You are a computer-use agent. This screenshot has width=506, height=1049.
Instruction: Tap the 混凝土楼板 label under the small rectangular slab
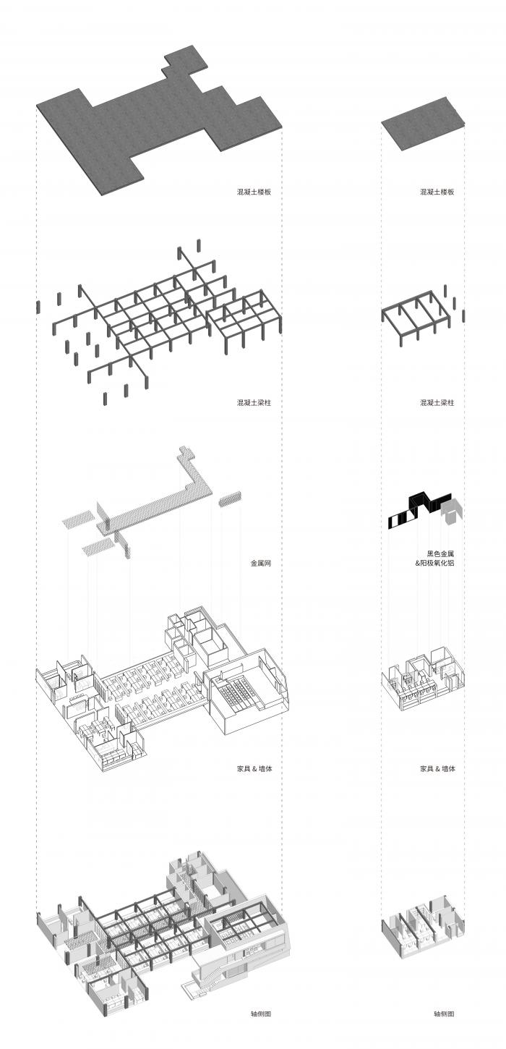pyautogui.click(x=437, y=192)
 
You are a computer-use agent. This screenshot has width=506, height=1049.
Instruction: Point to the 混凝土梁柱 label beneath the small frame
pyautogui.click(x=437, y=402)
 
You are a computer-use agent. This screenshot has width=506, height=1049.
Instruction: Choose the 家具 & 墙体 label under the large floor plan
pyautogui.click(x=254, y=768)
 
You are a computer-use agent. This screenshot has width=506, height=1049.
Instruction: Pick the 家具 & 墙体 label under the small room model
pyautogui.click(x=437, y=768)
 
